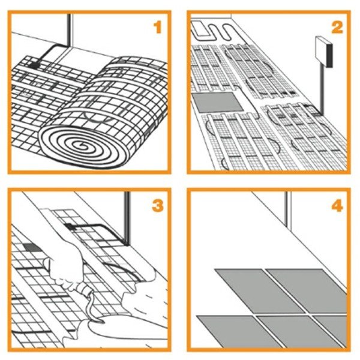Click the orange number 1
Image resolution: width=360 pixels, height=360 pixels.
click(157, 28)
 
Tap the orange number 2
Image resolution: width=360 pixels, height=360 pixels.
click(337, 28)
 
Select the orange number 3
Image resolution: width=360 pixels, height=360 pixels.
click(158, 205)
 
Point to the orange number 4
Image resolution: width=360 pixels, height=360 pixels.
click(337, 205)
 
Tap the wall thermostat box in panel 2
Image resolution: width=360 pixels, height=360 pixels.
click(324, 52)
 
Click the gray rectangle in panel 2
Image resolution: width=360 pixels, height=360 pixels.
click(217, 103)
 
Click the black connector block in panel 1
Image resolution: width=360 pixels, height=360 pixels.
click(34, 65)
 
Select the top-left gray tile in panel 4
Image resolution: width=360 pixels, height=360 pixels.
click(259, 290)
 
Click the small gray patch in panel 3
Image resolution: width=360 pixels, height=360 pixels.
click(32, 247)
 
